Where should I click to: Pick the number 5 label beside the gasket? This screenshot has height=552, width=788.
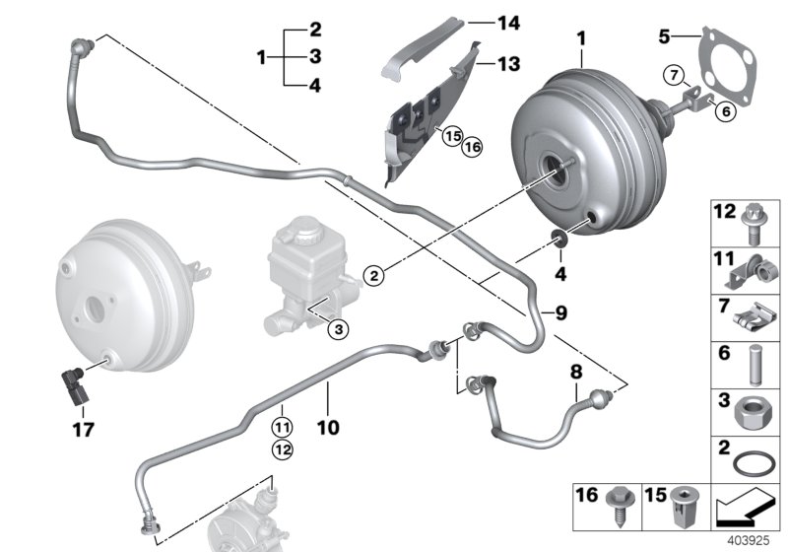pyautogui.click(x=665, y=36)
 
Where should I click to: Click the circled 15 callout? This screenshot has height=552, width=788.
pyautogui.click(x=452, y=136)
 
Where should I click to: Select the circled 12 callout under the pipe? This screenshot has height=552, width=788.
pyautogui.click(x=282, y=450)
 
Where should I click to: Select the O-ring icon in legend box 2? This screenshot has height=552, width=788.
pyautogui.click(x=753, y=461)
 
